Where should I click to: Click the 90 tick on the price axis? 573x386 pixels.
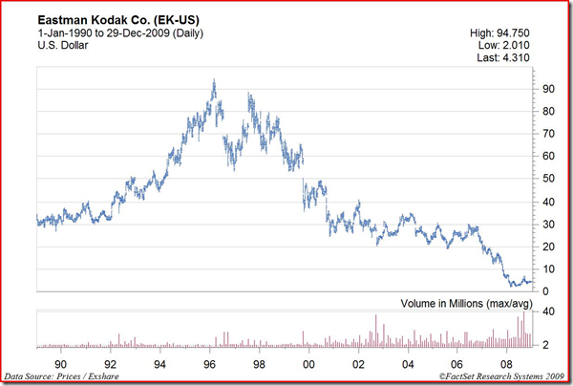click(548, 88)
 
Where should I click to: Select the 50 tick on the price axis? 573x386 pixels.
click(548, 179)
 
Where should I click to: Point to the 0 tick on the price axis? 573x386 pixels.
click(545, 291)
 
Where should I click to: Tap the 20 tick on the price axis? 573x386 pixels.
click(548, 247)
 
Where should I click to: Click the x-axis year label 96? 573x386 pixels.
click(210, 364)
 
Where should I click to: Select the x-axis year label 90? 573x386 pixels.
click(61, 364)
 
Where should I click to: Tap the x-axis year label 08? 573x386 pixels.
click(506, 364)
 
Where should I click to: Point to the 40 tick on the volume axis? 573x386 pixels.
click(548, 312)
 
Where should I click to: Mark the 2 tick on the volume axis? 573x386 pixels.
click(545, 344)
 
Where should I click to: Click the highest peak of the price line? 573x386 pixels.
click(213, 81)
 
